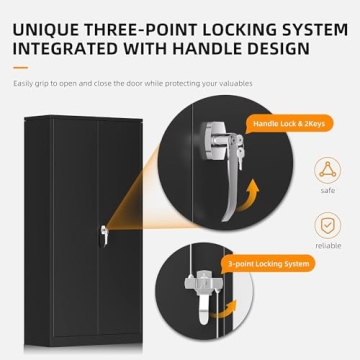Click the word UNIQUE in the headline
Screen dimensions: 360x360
click(45, 30)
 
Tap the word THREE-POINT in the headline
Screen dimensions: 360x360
click(141, 30)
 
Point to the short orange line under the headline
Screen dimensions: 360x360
click(20, 68)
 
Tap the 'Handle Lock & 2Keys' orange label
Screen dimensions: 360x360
click(289, 124)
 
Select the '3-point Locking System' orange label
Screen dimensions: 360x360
click(269, 264)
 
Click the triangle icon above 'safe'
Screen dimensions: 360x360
click(328, 170)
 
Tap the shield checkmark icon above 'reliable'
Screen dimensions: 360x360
click(328, 226)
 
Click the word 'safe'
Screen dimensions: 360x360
click(328, 191)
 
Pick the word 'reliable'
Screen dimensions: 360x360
click(328, 246)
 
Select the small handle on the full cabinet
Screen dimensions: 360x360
click(104, 236)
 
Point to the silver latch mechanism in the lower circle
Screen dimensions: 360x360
click(203, 293)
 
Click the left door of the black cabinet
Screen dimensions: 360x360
click(75, 227)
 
